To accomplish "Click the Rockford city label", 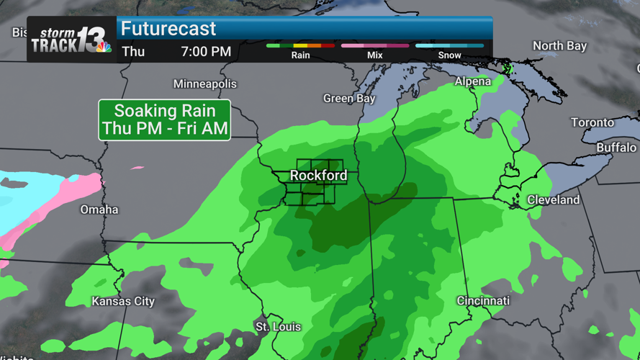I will [318, 176].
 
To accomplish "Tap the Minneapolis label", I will [205, 84].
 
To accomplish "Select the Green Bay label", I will [349, 99].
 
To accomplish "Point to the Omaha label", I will [99, 210].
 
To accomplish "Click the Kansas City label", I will [123, 301].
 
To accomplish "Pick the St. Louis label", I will [279, 327].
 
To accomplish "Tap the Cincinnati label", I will [483, 300].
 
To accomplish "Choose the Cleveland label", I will [553, 199].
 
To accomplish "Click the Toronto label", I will [592, 122].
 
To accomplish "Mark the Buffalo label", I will [616, 148].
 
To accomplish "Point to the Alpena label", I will [473, 81].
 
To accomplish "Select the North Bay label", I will [559, 46].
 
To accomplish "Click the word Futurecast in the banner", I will [168, 29].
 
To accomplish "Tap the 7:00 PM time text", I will [206, 51].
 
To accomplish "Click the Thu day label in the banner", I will [133, 51].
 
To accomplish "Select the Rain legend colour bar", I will [300, 46].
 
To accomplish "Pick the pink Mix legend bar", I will [375, 46].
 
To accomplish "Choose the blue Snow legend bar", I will [449, 46].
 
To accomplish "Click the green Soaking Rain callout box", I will [165, 120].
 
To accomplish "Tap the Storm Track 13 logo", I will [71, 40].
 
